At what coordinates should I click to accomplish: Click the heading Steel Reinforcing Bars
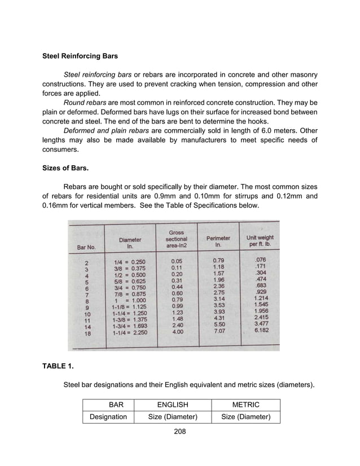[x=80, y=56]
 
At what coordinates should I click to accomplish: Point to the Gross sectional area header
[x=177, y=239]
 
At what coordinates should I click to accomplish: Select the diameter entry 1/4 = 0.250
[x=130, y=262]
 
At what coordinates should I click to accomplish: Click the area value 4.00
[x=177, y=333]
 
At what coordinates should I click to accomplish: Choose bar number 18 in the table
[x=88, y=333]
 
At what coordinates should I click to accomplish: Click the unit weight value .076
[x=261, y=260]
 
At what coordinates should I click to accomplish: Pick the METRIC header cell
[x=245, y=405]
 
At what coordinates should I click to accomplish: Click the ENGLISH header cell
[x=173, y=405]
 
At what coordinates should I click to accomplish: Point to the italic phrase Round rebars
[x=84, y=103]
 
